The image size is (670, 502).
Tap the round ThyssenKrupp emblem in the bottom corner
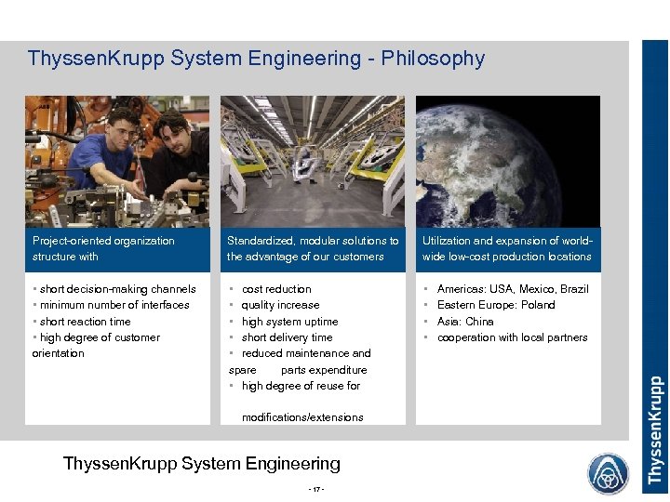[x=608, y=473]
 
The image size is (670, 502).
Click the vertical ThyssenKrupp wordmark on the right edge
[x=655, y=429]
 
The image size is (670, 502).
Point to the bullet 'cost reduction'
[x=276, y=289]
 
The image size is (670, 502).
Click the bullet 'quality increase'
[x=280, y=305]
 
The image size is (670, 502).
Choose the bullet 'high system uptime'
[x=289, y=322]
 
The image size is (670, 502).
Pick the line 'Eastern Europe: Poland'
[x=495, y=305]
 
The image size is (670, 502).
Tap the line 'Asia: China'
[x=465, y=322]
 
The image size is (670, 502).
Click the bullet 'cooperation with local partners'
[x=512, y=337]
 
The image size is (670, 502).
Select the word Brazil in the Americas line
[x=574, y=289]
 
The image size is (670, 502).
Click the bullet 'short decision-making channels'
[x=115, y=289]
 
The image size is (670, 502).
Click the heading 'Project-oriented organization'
[x=103, y=241]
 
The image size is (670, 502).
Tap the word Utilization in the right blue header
[x=449, y=241]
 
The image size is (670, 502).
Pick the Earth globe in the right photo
[x=507, y=163]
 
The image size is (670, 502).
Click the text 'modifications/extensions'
[x=302, y=417]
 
